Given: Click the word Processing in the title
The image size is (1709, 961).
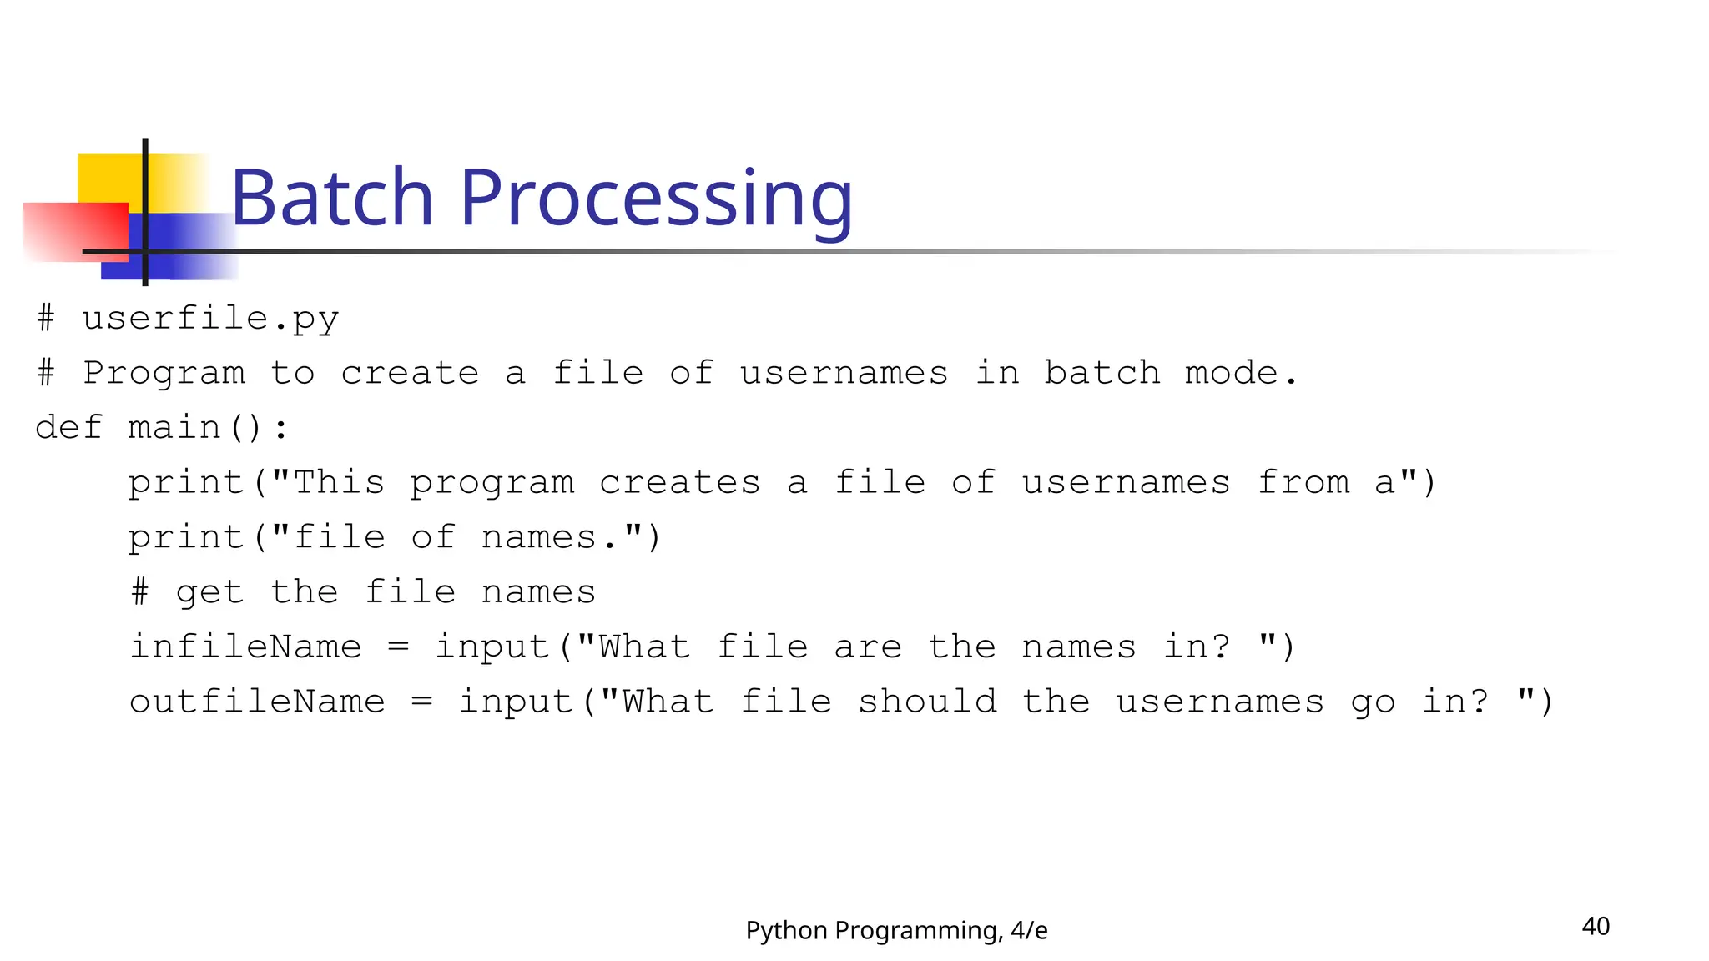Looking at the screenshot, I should coord(656,199).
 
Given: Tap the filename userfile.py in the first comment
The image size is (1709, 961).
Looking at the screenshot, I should coord(210,319).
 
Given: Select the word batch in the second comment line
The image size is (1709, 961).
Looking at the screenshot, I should coord(1102,373).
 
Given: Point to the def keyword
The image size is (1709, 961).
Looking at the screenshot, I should coord(68,427).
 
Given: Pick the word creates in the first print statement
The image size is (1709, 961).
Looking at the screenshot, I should coord(679,482).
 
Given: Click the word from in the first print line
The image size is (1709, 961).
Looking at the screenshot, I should coord(1303,482).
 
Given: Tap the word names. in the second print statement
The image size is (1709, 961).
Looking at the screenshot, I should coord(551,537).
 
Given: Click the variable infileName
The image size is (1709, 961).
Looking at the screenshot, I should coord(246,647).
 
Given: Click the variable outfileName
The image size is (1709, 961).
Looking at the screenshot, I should coord(257,702).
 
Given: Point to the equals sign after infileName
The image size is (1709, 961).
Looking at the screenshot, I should coord(399,647).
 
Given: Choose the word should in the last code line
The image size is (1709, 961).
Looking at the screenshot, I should coord(927,702).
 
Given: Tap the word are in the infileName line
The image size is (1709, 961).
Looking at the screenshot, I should coord(868,647).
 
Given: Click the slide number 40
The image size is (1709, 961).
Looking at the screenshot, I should coord(1596,926).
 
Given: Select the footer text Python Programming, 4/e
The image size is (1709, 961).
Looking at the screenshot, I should coord(896,930).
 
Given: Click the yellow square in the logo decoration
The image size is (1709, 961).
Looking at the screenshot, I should coord(108,178).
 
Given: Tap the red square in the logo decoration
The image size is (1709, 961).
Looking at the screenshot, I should coord(75,231).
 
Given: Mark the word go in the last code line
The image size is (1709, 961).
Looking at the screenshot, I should coord(1373,702).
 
